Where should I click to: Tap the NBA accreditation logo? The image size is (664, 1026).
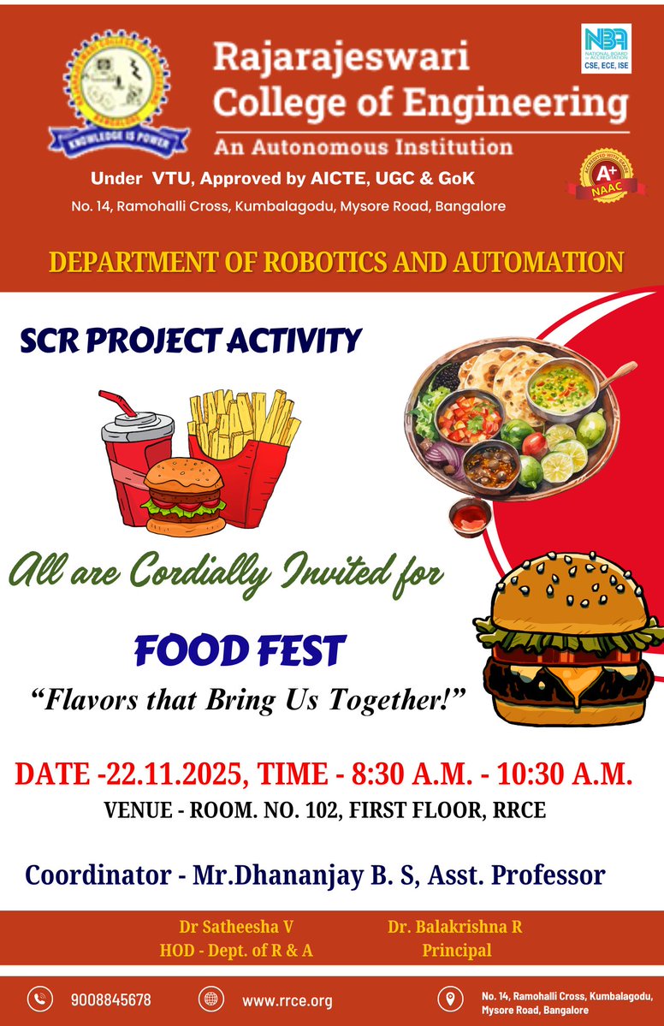click(x=606, y=48)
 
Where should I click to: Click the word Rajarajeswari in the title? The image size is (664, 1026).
click(x=341, y=58)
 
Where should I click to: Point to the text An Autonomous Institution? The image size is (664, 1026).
click(x=364, y=146)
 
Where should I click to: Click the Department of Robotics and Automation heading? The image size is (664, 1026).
click(x=336, y=262)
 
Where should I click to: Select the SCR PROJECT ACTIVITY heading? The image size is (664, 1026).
click(x=190, y=341)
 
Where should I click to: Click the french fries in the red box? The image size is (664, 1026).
click(x=243, y=433)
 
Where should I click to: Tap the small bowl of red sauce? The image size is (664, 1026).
click(x=471, y=515)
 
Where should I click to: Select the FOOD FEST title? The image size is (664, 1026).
click(x=240, y=651)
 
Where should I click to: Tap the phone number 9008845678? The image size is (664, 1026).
click(x=111, y=999)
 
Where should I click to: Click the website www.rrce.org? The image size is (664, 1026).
click(x=287, y=999)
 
